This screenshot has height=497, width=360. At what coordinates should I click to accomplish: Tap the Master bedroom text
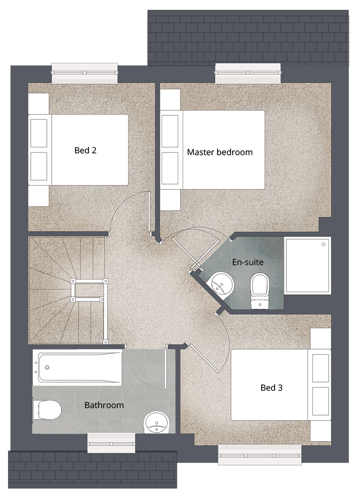pyautogui.click(x=220, y=152)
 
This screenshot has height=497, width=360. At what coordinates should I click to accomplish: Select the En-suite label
pyautogui.click(x=247, y=262)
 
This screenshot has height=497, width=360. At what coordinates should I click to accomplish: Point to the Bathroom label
pyautogui.click(x=104, y=405)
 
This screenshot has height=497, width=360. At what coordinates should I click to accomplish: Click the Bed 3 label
pyautogui.click(x=272, y=387)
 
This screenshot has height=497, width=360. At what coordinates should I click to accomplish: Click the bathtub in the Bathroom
pyautogui.click(x=77, y=368)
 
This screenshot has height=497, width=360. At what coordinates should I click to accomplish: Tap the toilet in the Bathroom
pyautogui.click(x=47, y=410)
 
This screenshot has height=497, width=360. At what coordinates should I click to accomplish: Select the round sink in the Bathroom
pyautogui.click(x=157, y=422)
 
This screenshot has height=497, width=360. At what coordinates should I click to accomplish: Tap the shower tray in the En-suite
pyautogui.click(x=308, y=265)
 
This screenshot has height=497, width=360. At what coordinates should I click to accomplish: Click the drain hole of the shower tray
pyautogui.click(x=323, y=244)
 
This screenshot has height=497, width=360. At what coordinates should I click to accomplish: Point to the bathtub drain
pyautogui.click(x=47, y=367)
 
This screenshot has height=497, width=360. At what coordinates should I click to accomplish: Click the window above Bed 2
pyautogui.click(x=84, y=73)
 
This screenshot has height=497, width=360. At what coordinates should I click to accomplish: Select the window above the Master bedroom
pyautogui.click(x=248, y=73)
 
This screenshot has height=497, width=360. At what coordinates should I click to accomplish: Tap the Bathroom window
pyautogui.click(x=111, y=443)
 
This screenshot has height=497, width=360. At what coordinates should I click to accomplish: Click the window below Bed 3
pyautogui.click(x=260, y=455)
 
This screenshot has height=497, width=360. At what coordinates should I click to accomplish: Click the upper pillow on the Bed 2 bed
pyautogui.click(x=39, y=133)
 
